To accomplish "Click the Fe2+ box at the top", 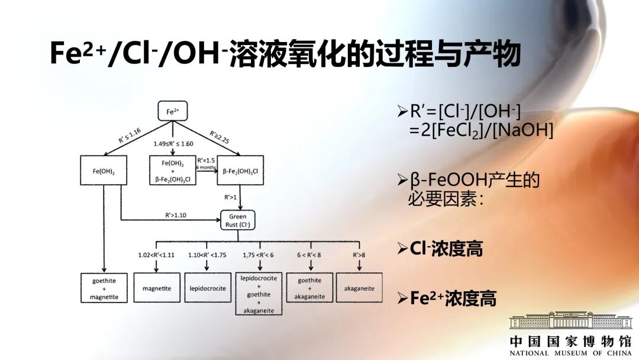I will [x=172, y=111].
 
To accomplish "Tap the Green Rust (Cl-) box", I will [x=237, y=220].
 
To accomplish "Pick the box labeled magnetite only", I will [x=157, y=288].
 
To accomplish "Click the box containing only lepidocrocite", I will [x=208, y=288].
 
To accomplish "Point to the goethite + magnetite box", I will [x=104, y=288].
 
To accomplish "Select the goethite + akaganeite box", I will [x=309, y=288].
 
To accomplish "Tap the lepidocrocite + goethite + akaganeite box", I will [x=259, y=294].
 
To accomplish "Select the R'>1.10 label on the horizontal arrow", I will [x=176, y=215].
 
